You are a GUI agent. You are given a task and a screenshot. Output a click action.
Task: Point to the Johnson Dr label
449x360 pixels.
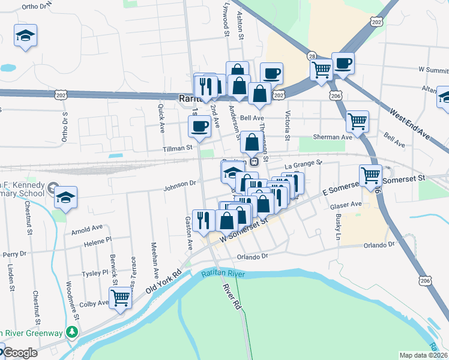[x=180, y=184]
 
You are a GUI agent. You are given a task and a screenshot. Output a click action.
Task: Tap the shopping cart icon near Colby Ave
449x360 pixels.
[x=120, y=297]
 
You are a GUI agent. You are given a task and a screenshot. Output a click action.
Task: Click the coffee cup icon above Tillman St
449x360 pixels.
[x=199, y=126]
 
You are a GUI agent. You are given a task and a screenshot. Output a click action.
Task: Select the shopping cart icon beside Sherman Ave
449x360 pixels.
[x=357, y=121]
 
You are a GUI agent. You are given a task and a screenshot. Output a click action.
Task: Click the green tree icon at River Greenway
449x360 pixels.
[x=72, y=331]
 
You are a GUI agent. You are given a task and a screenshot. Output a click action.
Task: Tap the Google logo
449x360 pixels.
[x=20, y=353]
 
